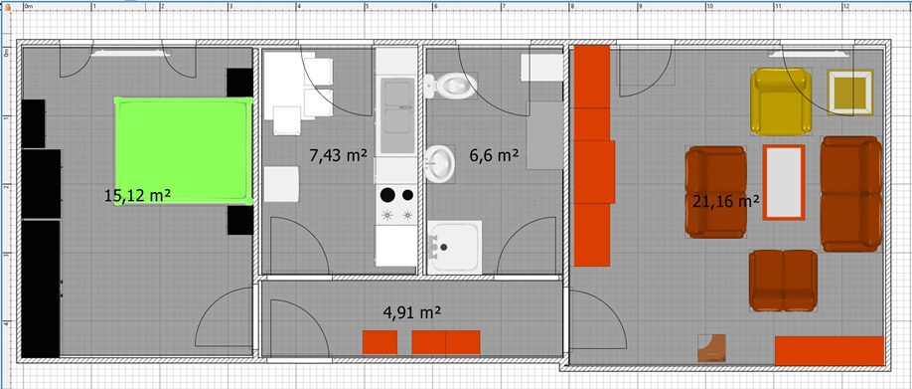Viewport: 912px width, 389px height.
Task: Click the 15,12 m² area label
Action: tap(137, 196)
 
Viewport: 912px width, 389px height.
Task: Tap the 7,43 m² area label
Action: tap(339, 155)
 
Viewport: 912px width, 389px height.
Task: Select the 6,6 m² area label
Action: tap(494, 155)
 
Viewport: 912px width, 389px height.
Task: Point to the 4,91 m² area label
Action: tap(412, 312)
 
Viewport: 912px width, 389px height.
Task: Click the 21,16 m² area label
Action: tap(726, 202)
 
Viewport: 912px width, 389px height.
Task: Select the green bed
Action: tap(184, 151)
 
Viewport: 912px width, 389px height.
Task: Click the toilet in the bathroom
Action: tap(450, 87)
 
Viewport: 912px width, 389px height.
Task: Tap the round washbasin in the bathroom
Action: tap(438, 163)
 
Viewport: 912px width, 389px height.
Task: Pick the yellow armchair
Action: tap(781, 101)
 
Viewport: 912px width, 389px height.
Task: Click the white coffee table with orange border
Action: tap(784, 182)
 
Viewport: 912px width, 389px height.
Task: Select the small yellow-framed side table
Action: tap(850, 93)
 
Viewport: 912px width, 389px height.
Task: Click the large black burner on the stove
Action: tap(387, 195)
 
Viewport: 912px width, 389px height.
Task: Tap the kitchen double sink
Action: tap(396, 115)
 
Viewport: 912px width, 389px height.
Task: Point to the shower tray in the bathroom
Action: tap(455, 247)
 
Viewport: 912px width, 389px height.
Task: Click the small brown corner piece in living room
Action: tap(711, 347)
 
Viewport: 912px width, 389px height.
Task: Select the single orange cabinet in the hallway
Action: tap(380, 342)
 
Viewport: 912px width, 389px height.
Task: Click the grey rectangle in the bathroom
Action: tap(544, 135)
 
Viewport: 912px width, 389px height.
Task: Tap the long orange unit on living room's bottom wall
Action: tap(830, 351)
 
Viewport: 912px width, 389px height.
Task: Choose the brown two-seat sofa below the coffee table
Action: tap(783, 281)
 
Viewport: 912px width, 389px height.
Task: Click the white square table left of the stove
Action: tap(281, 184)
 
